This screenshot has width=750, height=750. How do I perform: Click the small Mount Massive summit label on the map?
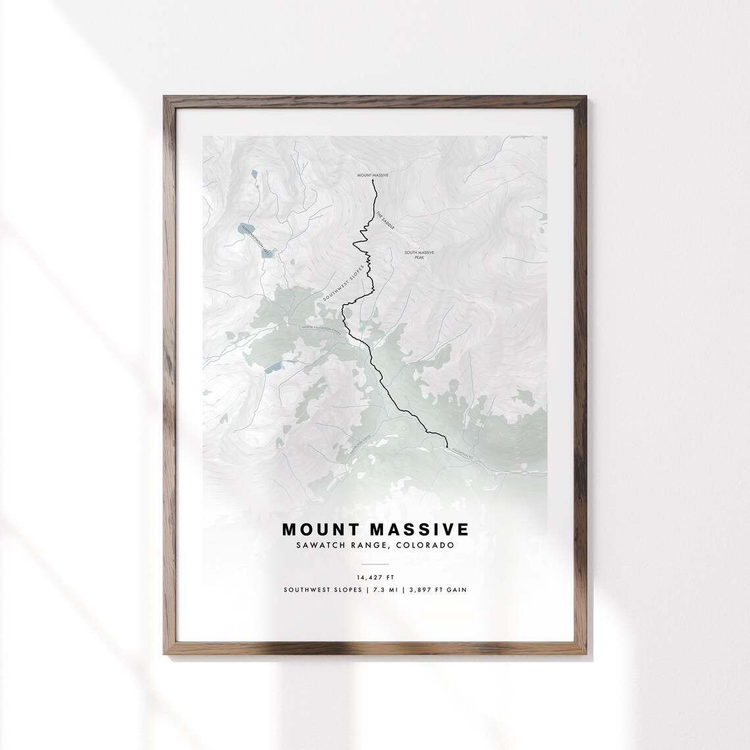click(373, 176)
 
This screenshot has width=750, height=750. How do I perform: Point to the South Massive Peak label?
click(419, 255)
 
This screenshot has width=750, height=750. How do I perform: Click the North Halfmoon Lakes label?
click(257, 240)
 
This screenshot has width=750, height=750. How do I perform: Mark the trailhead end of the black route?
click(446, 447)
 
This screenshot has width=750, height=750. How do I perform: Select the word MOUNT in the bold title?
click(319, 530)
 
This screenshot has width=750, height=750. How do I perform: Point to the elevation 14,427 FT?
click(375, 578)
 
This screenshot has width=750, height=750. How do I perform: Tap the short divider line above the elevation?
click(375, 564)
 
